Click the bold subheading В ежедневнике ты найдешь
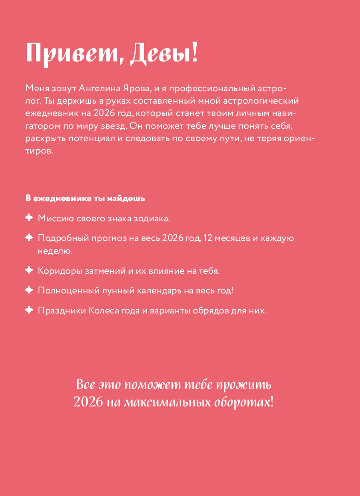pos(85,198)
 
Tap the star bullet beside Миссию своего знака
pos(29,218)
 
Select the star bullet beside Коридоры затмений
pos(29,270)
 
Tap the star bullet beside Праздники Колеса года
pos(29,310)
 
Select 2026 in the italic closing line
pos(88,402)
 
